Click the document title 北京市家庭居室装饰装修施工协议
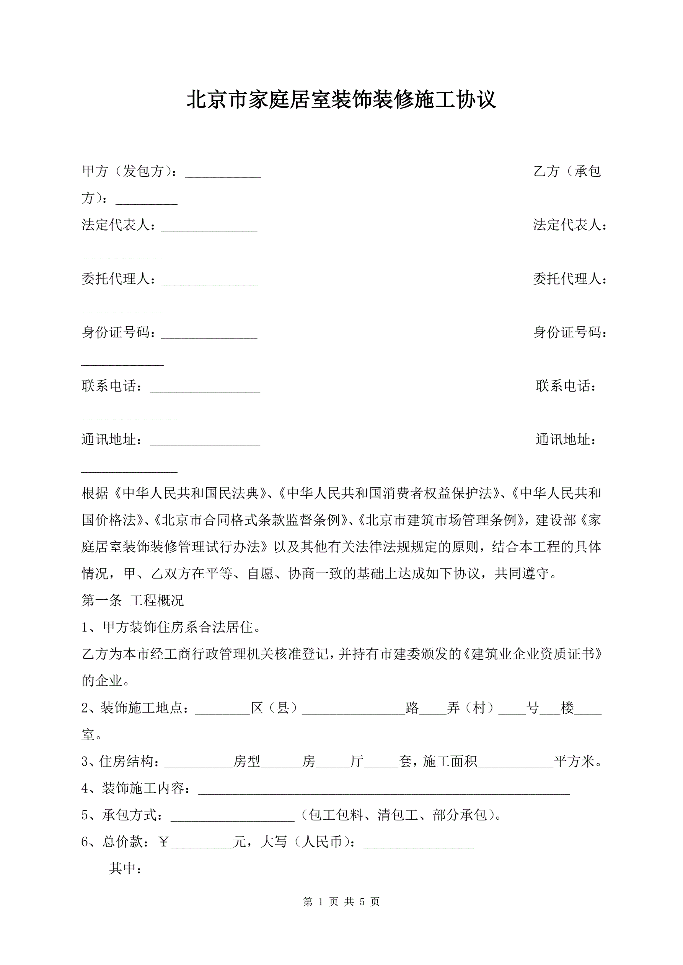click(341, 99)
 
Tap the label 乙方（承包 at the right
click(567, 171)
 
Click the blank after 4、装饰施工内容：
click(383, 792)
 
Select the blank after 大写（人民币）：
click(418, 846)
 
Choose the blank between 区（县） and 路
click(354, 711)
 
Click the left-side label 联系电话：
click(112, 386)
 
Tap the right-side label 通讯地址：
click(566, 439)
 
